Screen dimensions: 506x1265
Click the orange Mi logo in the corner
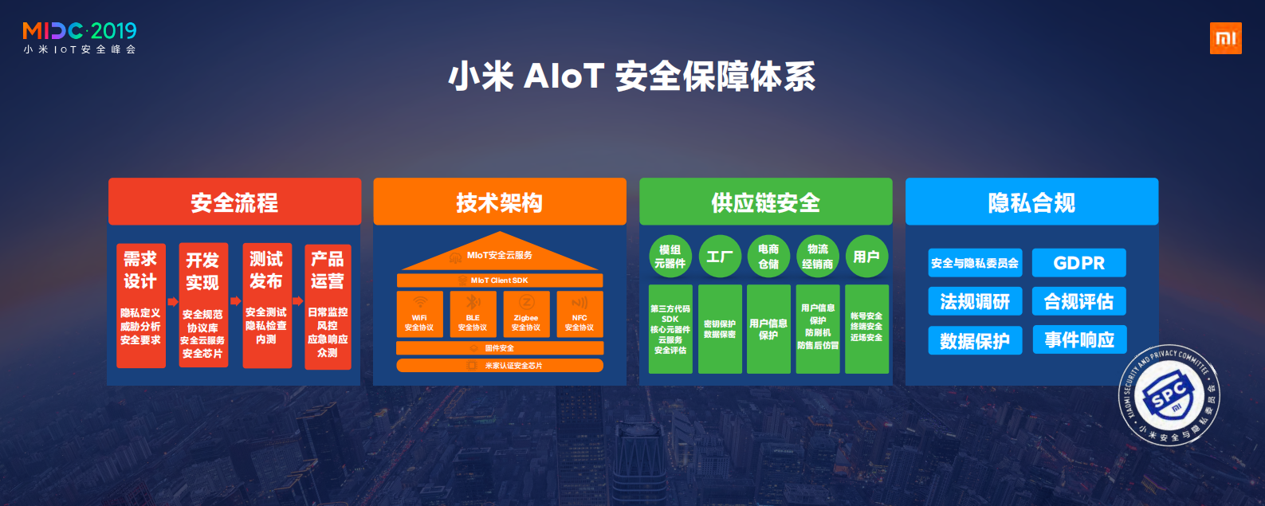pyautogui.click(x=1225, y=38)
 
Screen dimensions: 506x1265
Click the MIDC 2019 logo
pyautogui.click(x=80, y=37)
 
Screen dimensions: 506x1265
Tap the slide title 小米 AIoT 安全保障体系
pyautogui.click(x=631, y=76)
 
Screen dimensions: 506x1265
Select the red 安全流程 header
pyautogui.click(x=234, y=202)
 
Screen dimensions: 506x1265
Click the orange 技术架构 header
pyautogui.click(x=500, y=202)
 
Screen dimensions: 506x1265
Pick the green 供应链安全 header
pyautogui.click(x=765, y=202)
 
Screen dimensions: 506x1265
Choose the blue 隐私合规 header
pyautogui.click(x=1031, y=202)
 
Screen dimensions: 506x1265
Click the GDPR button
pyautogui.click(x=1078, y=263)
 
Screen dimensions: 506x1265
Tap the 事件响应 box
pyautogui.click(x=1079, y=340)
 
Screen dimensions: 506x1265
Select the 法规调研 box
pyautogui.click(x=975, y=302)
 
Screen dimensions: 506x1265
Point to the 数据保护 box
pyautogui.click(x=975, y=341)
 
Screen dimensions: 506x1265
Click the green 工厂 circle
pyautogui.click(x=720, y=257)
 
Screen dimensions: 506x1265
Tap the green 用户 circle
pyautogui.click(x=866, y=257)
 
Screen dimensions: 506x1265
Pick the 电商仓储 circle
pyautogui.click(x=768, y=257)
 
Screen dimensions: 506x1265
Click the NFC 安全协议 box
pyautogui.click(x=579, y=315)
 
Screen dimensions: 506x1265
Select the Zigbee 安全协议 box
pyautogui.click(x=526, y=315)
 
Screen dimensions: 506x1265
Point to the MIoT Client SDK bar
pyautogui.click(x=500, y=280)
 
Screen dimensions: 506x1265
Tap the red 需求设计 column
pyautogui.click(x=141, y=306)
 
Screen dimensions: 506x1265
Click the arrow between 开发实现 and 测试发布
pyautogui.click(x=235, y=301)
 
